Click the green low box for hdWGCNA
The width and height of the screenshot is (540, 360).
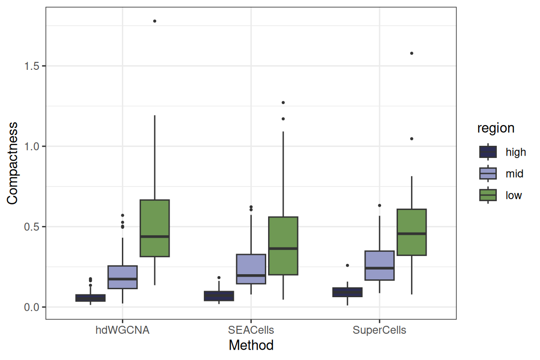[155, 228]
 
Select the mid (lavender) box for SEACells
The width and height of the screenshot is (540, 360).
[251, 269]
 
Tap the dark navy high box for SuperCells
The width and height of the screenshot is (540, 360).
[347, 292]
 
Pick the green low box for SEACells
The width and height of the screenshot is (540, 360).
[283, 246]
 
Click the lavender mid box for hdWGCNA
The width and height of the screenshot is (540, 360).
[123, 277]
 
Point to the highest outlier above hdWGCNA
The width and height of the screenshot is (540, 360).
[155, 21]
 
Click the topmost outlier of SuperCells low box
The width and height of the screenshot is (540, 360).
[412, 53]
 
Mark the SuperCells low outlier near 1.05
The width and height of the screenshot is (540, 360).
[412, 139]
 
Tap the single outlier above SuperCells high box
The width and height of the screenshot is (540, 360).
[347, 265]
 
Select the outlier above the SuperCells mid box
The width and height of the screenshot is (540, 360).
[380, 205]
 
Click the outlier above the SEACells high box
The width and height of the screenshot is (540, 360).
[219, 277]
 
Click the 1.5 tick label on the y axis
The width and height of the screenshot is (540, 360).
[32, 66]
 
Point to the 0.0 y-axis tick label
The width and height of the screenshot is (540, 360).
[32, 307]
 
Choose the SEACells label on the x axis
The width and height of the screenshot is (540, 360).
[251, 330]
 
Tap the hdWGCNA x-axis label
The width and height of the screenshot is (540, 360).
[123, 330]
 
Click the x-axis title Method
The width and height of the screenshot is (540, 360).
[251, 345]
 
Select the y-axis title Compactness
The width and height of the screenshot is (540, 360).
[12, 163]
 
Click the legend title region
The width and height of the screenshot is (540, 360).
[495, 128]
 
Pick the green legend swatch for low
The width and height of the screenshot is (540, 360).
[488, 195]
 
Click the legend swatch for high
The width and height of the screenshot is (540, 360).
[488, 152]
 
